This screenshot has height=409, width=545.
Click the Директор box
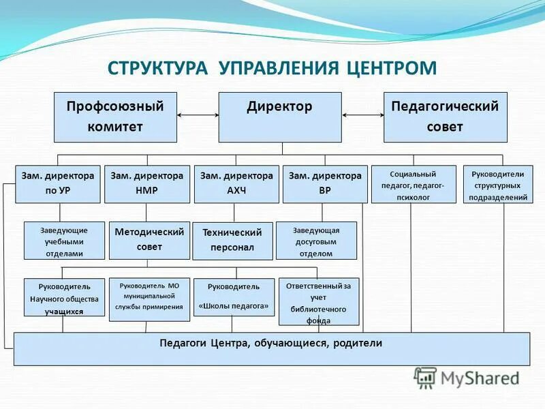pos(279,117)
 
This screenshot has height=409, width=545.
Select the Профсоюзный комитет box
pos(115,117)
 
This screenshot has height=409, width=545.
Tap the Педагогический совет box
pos(445,117)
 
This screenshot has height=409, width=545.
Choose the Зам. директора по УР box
pos(58,183)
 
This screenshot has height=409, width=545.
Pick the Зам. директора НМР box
pos(146,183)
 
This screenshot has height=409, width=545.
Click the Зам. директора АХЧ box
pos(236,183)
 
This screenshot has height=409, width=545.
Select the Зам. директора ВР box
pos(325,183)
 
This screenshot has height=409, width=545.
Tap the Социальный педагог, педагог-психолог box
pos(414,184)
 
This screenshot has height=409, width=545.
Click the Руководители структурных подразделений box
pos(498,184)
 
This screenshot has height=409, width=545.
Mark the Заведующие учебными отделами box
pos(65,241)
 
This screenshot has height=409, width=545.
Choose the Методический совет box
pos(149,240)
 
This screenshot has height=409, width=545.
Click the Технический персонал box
pos(232,241)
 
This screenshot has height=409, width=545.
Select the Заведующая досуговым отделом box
pos(316,241)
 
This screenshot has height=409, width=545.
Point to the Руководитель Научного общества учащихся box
pos(64,298)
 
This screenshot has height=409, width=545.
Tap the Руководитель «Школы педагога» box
pos(234,298)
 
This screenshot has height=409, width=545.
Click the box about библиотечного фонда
pos(318,301)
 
